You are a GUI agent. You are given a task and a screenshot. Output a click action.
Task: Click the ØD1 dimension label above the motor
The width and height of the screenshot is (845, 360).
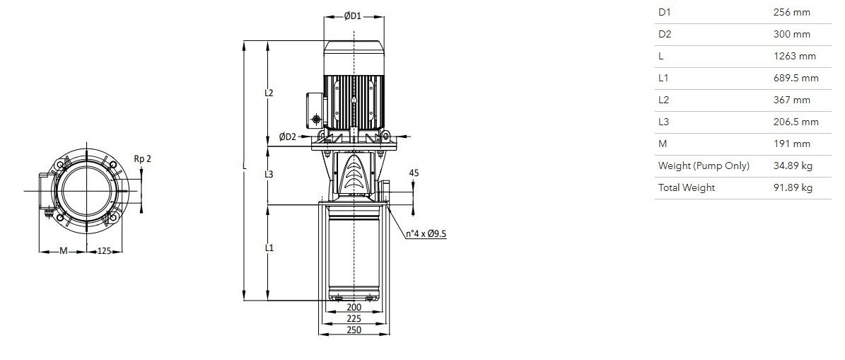coord(353,16)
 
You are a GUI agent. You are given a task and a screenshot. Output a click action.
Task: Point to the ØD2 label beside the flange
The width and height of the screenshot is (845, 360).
coord(288,137)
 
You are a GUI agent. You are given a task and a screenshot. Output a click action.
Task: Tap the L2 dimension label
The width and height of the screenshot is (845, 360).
coord(269,93)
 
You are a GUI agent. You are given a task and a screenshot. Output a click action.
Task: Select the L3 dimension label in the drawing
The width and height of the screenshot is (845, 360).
coord(269,174)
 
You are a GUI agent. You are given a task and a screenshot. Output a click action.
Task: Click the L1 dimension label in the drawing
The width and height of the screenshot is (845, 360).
coord(269,248)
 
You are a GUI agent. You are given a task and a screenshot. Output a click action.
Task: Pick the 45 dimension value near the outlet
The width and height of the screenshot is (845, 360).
coord(414,173)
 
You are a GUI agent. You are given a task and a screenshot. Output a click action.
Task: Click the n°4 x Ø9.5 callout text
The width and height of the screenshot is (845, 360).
coord(426,234)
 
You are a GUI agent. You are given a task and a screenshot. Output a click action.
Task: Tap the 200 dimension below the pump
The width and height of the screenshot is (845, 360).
coord(354,307)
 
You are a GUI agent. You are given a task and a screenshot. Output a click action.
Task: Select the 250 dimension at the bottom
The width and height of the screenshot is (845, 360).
coord(354,330)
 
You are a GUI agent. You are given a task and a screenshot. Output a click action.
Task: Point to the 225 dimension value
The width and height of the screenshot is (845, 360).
coord(354,318)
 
